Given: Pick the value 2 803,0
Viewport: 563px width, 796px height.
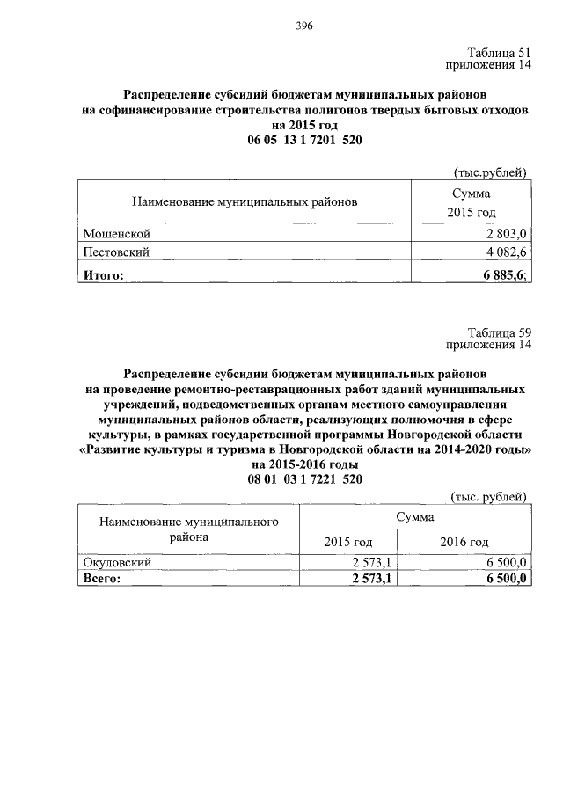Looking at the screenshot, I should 506,233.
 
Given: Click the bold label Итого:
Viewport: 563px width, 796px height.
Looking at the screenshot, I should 103,275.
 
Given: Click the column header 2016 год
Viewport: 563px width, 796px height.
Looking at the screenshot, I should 464,541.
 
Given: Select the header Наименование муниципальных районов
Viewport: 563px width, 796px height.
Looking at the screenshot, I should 245,201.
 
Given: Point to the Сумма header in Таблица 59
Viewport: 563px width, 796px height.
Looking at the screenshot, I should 414,518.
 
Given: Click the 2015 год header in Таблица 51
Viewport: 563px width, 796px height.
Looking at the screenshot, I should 471,212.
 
